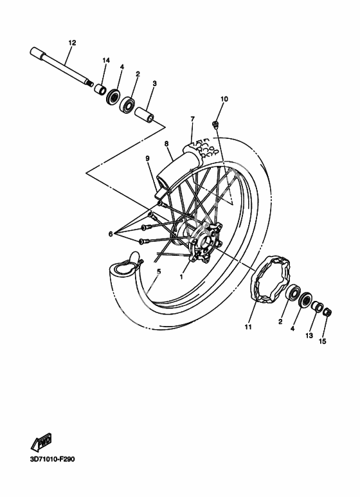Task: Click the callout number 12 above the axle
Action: pyautogui.click(x=72, y=42)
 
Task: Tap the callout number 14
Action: pyautogui.click(x=106, y=60)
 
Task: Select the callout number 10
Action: pyautogui.click(x=224, y=99)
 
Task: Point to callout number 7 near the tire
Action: pyautogui.click(x=192, y=119)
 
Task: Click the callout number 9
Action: pyautogui.click(x=148, y=158)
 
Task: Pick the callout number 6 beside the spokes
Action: pyautogui.click(x=111, y=234)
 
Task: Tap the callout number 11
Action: pyautogui.click(x=248, y=327)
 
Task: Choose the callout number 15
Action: pyautogui.click(x=322, y=341)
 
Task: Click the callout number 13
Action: pyautogui.click(x=309, y=336)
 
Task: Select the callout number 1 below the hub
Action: pyautogui.click(x=181, y=276)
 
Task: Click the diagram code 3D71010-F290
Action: pyautogui.click(x=53, y=458)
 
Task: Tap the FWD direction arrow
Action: pyautogui.click(x=41, y=442)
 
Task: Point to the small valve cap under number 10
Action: pyautogui.click(x=216, y=124)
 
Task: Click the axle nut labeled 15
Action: pyautogui.click(x=327, y=312)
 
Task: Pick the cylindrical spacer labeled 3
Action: pyautogui.click(x=145, y=114)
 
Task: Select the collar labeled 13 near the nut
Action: pyautogui.click(x=316, y=307)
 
